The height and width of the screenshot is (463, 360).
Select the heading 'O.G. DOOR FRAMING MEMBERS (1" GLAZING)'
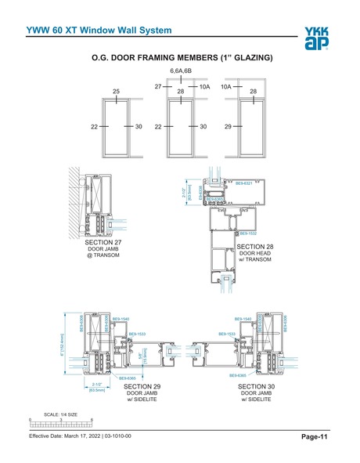click(182, 58)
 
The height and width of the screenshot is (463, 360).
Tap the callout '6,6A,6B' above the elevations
click(182, 71)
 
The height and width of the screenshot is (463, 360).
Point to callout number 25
click(117, 92)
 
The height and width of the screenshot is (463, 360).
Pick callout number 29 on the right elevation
click(228, 126)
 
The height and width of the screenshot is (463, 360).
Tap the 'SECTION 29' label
click(142, 387)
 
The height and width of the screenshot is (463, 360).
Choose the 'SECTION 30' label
click(259, 387)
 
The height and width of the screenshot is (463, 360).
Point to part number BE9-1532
click(247, 233)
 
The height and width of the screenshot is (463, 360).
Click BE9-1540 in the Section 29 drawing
click(121, 320)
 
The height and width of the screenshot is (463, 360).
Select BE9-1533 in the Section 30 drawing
click(227, 335)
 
